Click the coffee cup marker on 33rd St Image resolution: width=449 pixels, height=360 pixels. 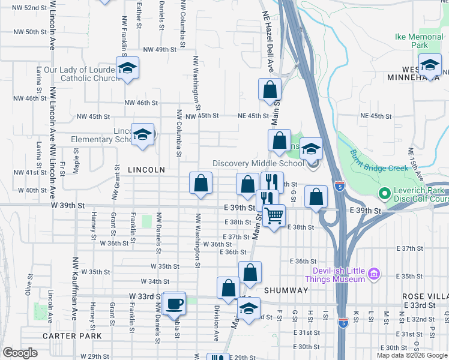tap(174, 303)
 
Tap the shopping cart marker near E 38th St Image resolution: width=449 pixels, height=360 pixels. tap(274, 215)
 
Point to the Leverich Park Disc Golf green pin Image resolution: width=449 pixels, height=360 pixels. tap(384, 194)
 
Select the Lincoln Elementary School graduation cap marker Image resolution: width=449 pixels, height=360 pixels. tap(142, 135)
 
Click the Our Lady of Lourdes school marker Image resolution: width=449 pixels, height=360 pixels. tap(127, 68)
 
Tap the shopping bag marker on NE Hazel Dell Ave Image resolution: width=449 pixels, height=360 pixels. tap(270, 89)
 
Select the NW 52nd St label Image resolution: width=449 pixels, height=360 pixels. tap(29, 8)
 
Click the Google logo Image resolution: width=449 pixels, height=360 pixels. tap(20, 353)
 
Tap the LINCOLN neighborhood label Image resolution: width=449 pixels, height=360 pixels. tap(146, 170)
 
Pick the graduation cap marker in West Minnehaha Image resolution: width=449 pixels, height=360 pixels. tap(430, 65)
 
